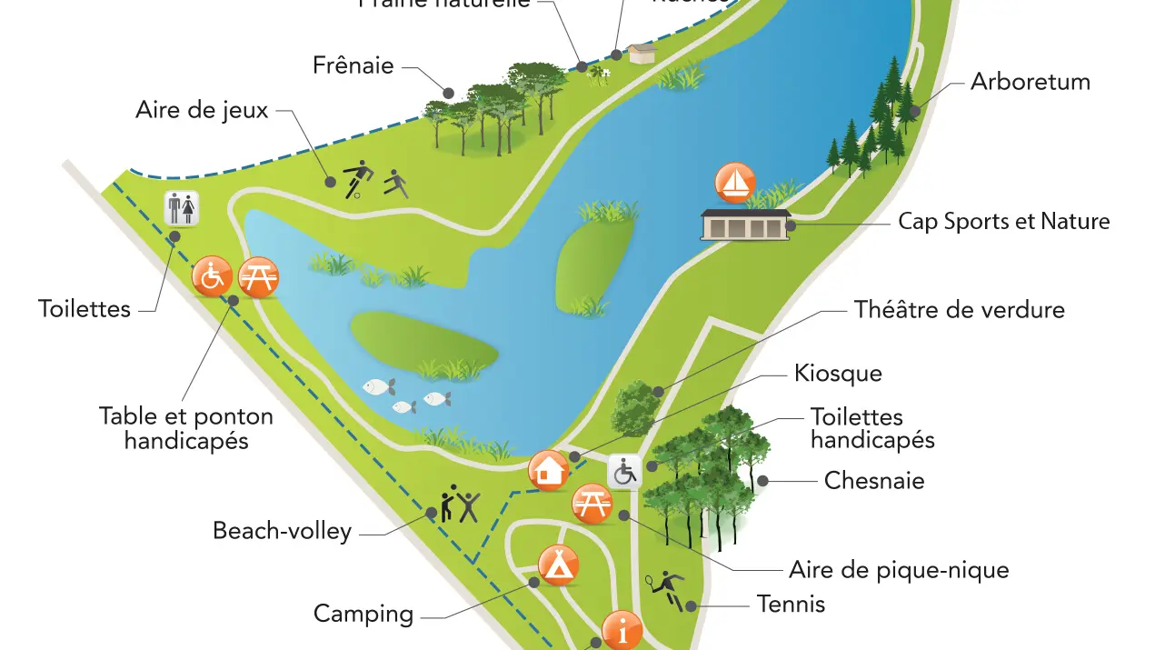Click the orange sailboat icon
click(x=735, y=183)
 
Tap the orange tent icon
click(x=558, y=565)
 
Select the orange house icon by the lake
click(x=548, y=471)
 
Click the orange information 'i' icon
click(x=622, y=630)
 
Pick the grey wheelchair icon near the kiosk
click(x=624, y=472)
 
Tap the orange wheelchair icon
click(x=212, y=276)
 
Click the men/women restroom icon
click(x=181, y=208)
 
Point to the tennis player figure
click(x=667, y=588)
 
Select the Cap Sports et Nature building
click(x=745, y=225)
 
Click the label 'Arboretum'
click(x=1030, y=82)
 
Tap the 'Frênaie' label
click(x=353, y=65)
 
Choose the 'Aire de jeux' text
click(x=202, y=111)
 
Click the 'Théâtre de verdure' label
click(x=959, y=310)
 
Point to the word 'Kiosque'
click(x=838, y=374)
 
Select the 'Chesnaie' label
click(x=873, y=481)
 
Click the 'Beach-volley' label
click(x=282, y=531)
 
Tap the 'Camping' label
click(x=363, y=614)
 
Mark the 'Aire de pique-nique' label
click(x=899, y=570)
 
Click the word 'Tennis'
click(x=791, y=604)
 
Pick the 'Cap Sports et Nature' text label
click(x=1003, y=222)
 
